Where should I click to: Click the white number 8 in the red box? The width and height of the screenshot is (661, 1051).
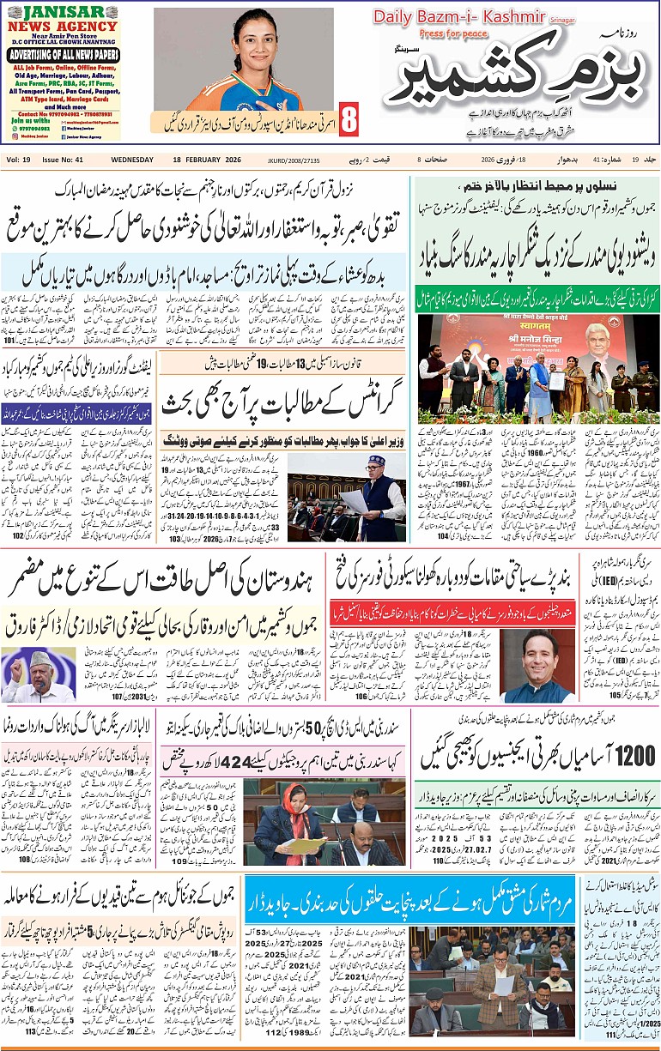tap(349, 120)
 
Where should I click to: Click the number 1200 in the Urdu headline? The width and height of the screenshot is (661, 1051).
tap(636, 755)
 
